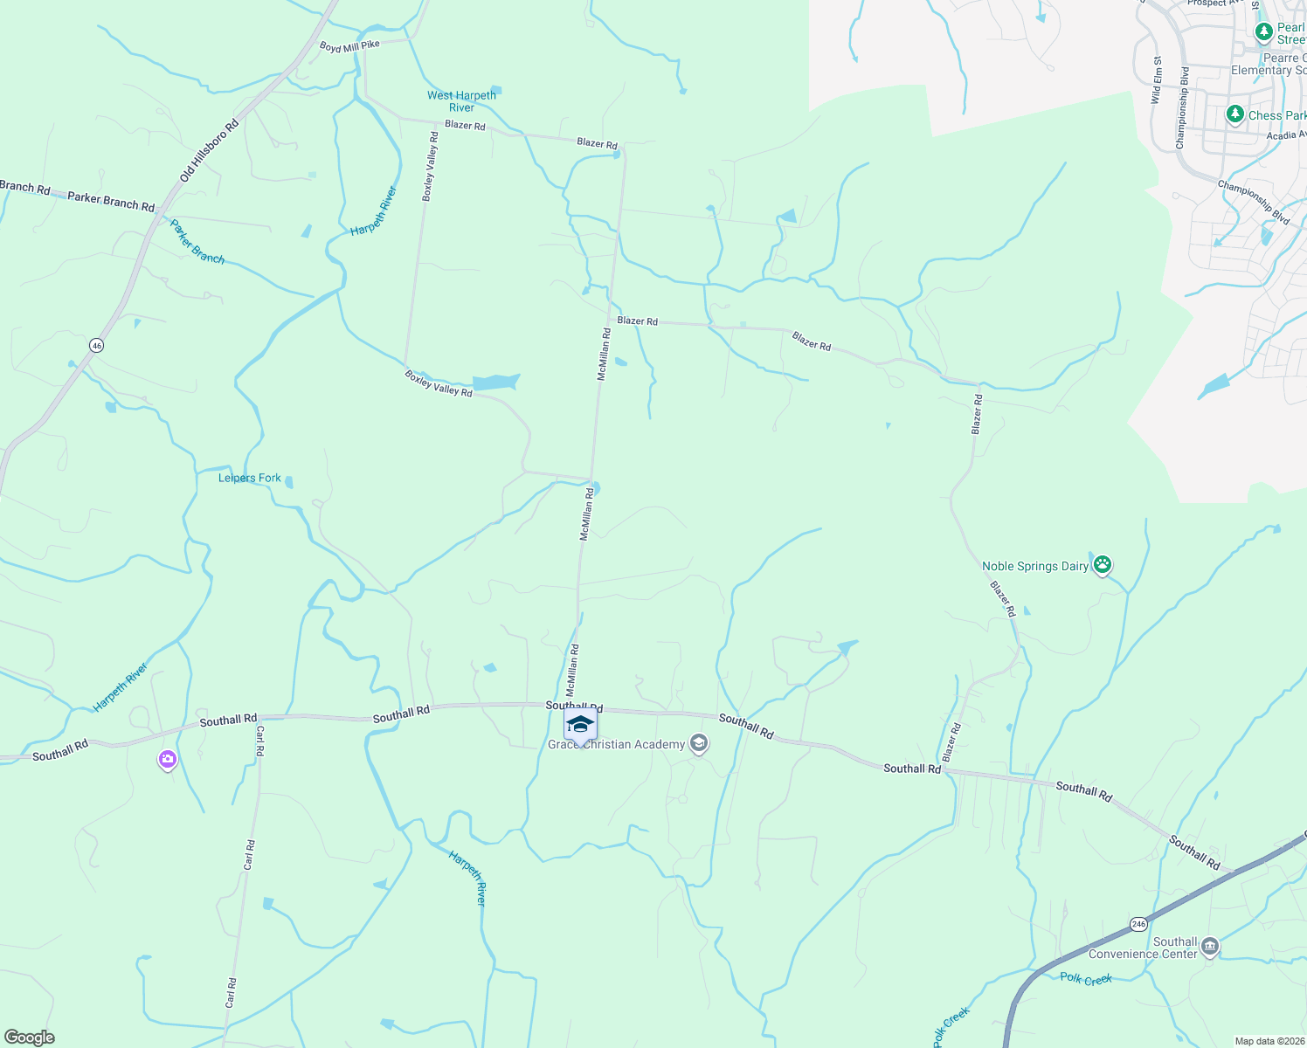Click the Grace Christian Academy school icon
pos(698,743)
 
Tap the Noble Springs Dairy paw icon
pos(1103,565)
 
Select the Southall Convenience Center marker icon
pos(1210,947)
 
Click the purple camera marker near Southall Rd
pos(167,760)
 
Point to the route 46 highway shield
pos(96,345)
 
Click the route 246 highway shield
pos(1138,923)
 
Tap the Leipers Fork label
pos(250,478)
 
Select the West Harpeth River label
pos(461,101)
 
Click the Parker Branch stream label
pos(197,242)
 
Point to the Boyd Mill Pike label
pos(349,46)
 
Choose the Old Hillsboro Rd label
pos(210,151)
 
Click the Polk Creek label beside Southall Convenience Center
pos(1086,978)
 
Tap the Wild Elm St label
pos(1157,80)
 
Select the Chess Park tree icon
pos(1234,114)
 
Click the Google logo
pos(30,1038)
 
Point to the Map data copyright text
pos(1269,1041)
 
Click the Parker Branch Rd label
pos(111,200)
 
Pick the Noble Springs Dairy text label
pos(1035,566)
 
